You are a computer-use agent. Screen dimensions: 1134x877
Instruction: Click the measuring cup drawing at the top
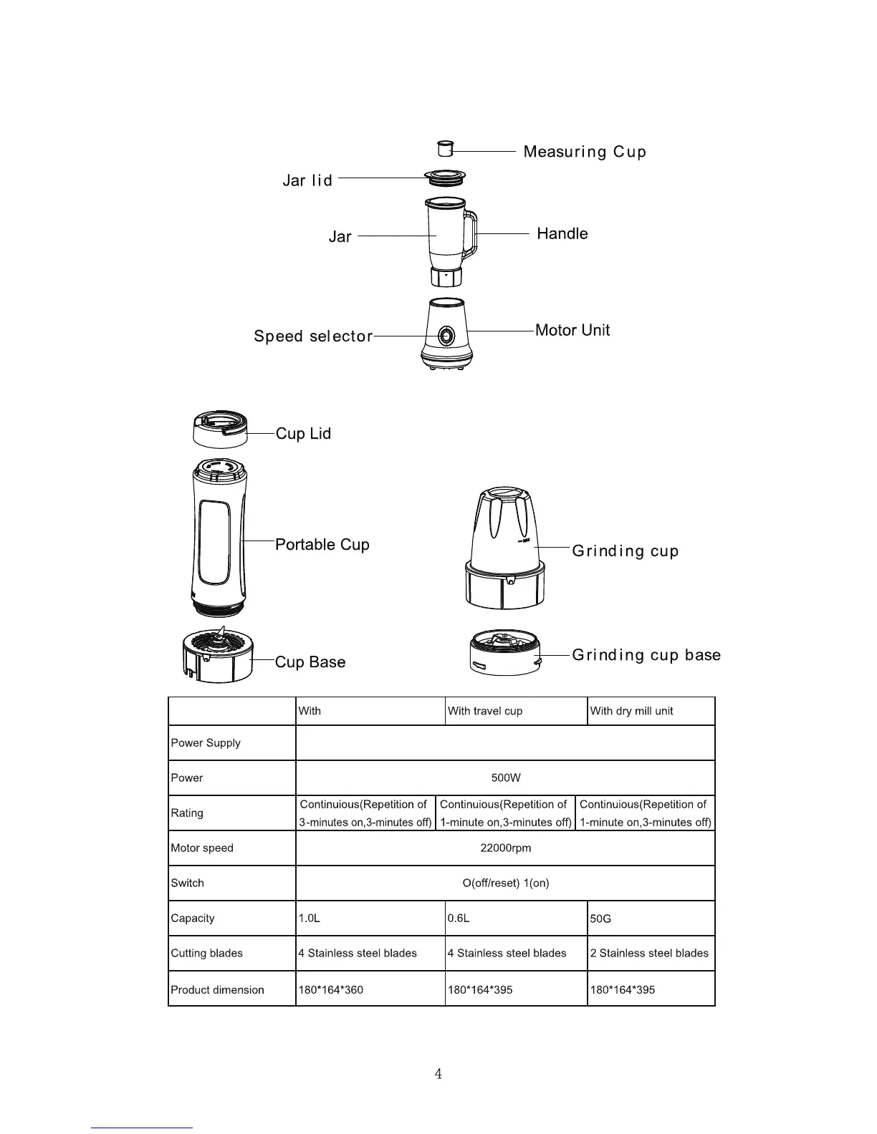coord(445,149)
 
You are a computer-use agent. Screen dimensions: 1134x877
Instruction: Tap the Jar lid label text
coord(307,180)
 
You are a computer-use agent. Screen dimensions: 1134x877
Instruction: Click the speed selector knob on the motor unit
coord(445,335)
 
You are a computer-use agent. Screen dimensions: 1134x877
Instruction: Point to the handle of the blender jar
coord(471,234)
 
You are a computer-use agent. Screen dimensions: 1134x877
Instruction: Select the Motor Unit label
coord(572,330)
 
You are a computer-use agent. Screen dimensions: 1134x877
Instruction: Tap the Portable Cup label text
coord(322,545)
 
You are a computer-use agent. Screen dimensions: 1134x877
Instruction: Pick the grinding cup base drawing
coord(505,653)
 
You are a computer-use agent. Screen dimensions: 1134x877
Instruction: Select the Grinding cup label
coord(625,551)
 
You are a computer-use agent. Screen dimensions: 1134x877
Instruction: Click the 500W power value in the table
coord(505,778)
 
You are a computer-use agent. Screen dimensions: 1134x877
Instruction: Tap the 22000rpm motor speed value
coord(505,848)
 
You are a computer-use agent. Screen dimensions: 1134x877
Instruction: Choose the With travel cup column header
coord(485,711)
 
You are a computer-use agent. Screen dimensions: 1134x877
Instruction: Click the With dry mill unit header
coord(631,711)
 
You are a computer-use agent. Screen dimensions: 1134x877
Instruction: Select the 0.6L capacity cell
coord(459,919)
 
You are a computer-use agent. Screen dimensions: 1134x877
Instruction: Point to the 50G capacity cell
coord(600,919)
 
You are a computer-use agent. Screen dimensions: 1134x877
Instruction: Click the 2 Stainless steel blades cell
coord(649,954)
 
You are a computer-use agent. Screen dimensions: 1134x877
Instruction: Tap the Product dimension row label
coord(217,990)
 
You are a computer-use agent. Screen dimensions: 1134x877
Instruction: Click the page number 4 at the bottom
coord(438,1074)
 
